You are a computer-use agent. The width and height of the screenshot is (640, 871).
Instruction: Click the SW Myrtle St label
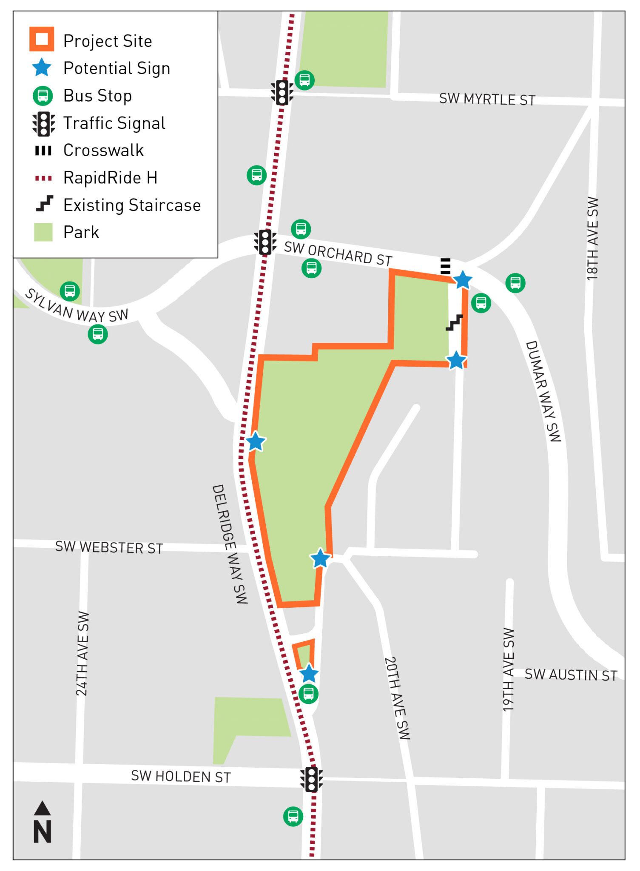pos(487,99)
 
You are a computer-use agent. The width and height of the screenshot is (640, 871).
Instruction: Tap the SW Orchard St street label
pos(338,253)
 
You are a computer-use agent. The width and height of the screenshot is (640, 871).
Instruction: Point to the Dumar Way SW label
pos(544,391)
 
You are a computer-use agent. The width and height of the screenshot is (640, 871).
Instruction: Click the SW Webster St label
pos(109,547)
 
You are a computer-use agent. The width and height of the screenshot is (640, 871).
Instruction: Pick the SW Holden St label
pos(181,776)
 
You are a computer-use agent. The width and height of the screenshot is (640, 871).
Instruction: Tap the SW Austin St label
pos(571,675)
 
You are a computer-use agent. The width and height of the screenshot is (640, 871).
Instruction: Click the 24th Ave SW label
pos(82,654)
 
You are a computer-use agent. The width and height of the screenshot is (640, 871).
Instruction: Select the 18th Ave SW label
pos(592,238)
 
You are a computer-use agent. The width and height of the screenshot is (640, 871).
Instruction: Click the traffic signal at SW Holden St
pos(312,779)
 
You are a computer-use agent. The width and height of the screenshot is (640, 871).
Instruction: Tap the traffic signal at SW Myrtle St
pos(282,92)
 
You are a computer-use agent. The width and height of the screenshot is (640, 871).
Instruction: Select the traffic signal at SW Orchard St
pos(265,242)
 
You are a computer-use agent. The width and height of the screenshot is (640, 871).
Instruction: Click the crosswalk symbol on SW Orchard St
pos(445,266)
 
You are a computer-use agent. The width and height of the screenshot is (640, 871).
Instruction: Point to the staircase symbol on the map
pos(454,323)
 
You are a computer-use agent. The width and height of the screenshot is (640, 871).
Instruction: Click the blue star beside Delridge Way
pos(256,441)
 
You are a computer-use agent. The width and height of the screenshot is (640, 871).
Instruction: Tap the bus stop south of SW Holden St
pos(293,816)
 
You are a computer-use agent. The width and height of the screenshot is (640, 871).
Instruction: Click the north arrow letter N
pos(43,832)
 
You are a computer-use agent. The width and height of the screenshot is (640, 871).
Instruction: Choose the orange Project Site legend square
pos(42,39)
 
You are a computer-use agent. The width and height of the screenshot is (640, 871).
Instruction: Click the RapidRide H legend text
pos(110,178)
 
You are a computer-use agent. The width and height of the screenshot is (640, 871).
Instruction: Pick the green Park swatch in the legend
pos(43,232)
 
